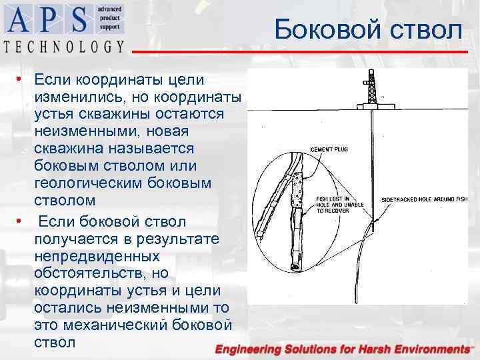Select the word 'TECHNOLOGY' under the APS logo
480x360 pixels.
tap(64, 46)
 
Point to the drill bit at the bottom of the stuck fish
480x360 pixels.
tap(295, 265)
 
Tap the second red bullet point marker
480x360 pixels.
tap(21, 220)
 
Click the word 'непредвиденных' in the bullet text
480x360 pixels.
tap(97, 256)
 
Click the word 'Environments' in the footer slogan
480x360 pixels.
tap(427, 349)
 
